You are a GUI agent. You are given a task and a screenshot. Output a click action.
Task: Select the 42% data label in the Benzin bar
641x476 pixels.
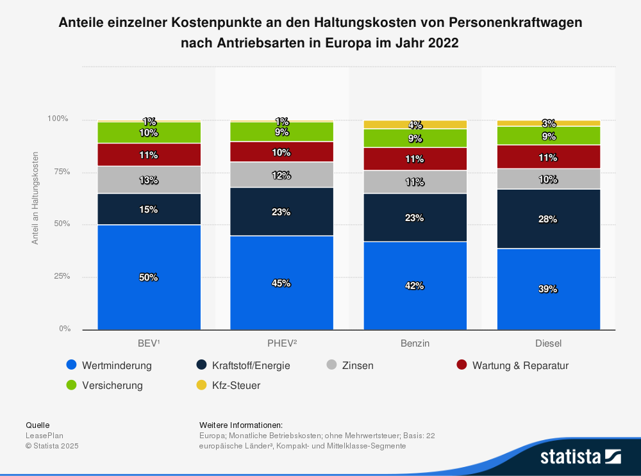point(415,286)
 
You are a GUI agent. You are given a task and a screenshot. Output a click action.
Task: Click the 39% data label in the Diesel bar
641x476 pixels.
point(548,289)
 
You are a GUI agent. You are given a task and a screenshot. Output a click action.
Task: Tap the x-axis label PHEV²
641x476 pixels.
point(281,343)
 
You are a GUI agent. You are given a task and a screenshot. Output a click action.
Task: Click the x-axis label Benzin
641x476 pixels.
point(415,343)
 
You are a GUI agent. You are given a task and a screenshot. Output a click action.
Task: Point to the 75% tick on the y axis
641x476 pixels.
point(59,172)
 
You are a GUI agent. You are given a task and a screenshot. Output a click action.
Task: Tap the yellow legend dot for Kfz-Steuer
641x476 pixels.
point(201,386)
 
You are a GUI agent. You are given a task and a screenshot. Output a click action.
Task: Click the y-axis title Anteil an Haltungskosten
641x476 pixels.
point(35,199)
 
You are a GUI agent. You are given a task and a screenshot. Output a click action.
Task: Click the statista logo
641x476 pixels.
point(580,456)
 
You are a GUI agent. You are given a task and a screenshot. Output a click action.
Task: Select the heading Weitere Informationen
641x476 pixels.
point(241,425)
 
